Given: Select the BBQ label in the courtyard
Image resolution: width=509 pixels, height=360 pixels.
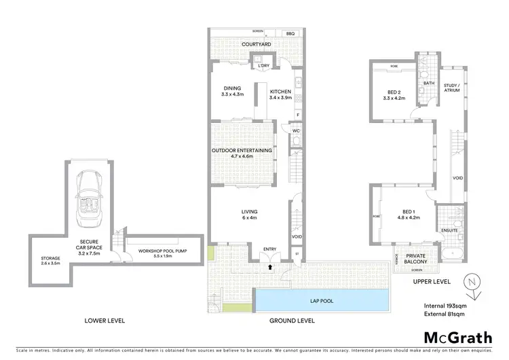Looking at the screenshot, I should [x=290, y=33].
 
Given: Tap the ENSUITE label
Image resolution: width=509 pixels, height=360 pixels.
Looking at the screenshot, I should [x=450, y=230].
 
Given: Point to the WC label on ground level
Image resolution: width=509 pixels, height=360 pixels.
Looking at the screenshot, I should [x=296, y=130].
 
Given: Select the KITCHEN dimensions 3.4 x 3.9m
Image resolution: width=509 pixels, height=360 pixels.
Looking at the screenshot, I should [x=280, y=98].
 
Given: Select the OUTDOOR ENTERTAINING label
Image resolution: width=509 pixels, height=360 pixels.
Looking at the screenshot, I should [x=242, y=150].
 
